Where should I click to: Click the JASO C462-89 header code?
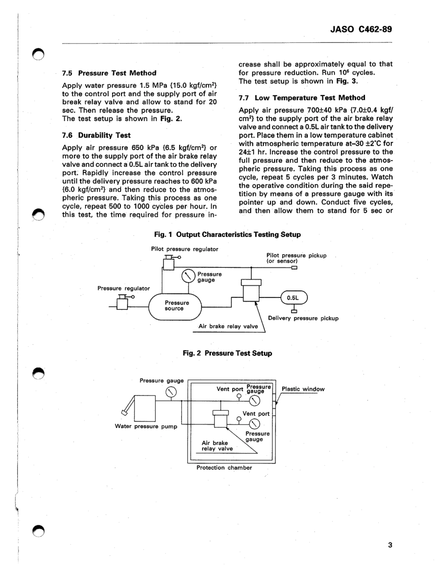[361, 29]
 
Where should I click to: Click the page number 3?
[390, 545]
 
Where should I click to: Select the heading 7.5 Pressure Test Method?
[109, 73]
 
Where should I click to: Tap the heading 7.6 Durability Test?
[96, 135]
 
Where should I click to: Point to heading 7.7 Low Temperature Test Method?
[302, 98]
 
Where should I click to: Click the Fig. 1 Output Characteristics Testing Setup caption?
[227, 234]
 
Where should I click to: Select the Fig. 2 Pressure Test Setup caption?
[227, 353]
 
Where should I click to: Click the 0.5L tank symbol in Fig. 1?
[294, 297]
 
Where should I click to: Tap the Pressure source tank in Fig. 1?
[175, 306]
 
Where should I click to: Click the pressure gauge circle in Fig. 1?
[188, 276]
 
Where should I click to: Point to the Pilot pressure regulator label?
[184, 249]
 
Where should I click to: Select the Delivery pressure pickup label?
[303, 318]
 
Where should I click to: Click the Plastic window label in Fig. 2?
[303, 389]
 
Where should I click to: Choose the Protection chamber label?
[224, 468]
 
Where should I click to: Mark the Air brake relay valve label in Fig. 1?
[228, 326]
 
